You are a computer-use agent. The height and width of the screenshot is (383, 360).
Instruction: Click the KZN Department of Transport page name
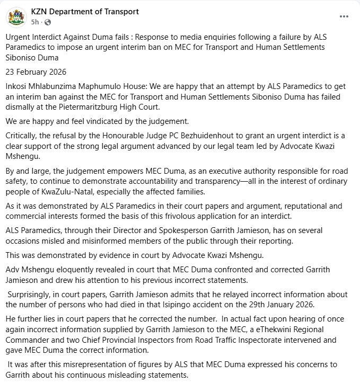click(x=85, y=11)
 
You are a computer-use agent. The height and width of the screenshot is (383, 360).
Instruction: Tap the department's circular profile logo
click(x=16, y=16)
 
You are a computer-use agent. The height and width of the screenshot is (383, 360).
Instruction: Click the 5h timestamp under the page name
click(x=35, y=22)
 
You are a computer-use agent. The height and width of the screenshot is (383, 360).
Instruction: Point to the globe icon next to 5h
click(x=48, y=22)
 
